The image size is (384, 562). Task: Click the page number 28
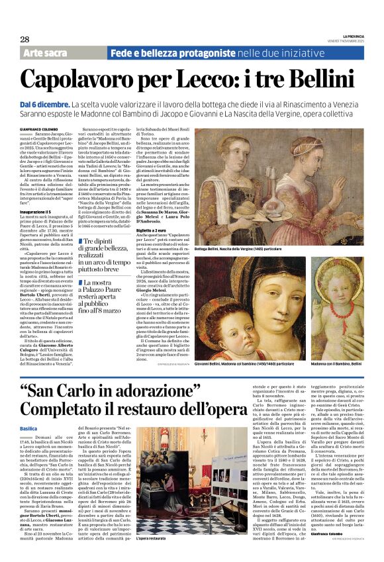pos(24,39)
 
